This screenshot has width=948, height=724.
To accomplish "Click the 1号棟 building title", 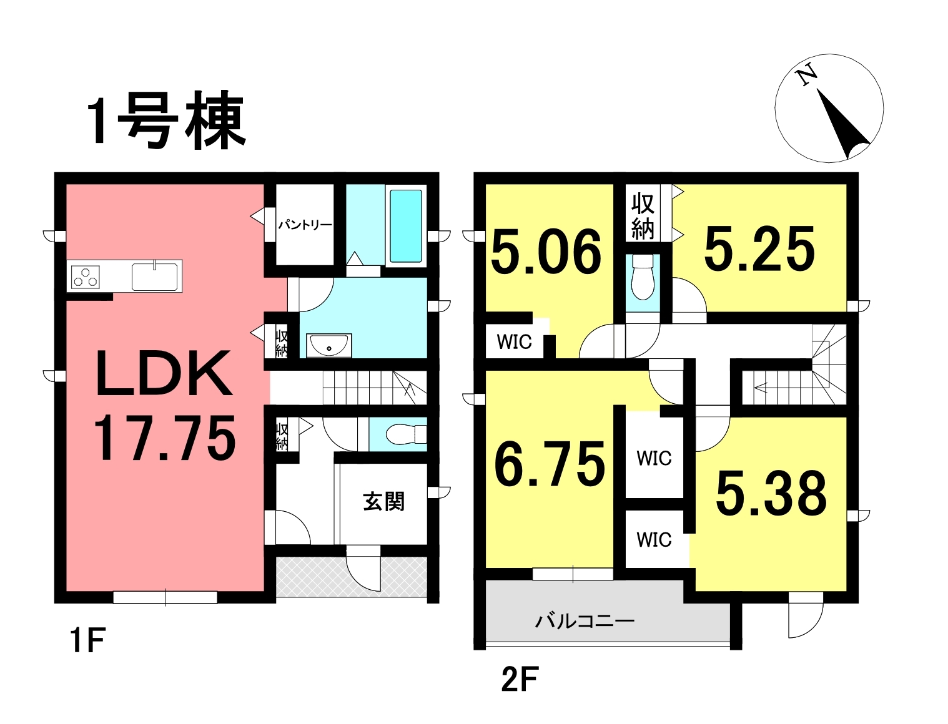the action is [x=166, y=119].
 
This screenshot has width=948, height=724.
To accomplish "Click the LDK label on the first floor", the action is [x=164, y=373].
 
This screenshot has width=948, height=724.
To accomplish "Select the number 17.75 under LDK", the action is [x=165, y=437].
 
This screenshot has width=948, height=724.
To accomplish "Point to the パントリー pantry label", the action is [x=305, y=225].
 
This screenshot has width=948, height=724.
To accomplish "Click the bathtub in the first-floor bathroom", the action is [x=406, y=226].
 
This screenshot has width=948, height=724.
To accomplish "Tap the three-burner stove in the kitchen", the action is [x=86, y=276].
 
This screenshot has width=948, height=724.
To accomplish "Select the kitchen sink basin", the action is [x=155, y=276].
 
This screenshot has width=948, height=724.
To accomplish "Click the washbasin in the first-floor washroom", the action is [x=329, y=345].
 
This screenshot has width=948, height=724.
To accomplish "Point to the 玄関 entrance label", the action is [x=384, y=502].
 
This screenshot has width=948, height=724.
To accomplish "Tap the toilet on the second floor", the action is [x=643, y=276].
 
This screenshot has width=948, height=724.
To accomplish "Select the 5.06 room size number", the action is [x=546, y=252].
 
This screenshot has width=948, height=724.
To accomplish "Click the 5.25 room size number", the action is [x=759, y=249].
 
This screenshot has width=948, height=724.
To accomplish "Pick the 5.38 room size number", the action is [x=771, y=493].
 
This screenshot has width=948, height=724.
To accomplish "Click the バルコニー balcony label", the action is [x=585, y=622].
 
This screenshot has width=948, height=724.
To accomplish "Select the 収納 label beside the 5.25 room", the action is [x=643, y=217].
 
